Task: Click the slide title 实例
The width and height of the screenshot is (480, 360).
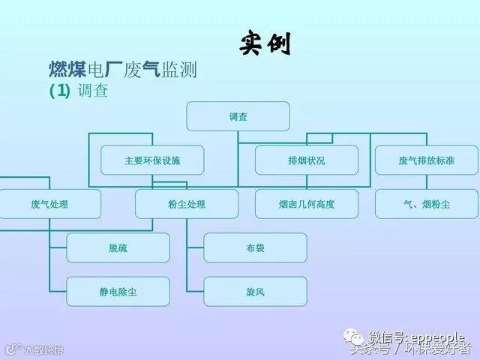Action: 265,43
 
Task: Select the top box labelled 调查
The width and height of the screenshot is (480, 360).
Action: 238,116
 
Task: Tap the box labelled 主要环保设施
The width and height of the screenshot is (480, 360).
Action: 152,160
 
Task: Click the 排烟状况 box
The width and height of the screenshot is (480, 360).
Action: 306,160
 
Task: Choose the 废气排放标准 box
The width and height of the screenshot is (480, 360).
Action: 426,160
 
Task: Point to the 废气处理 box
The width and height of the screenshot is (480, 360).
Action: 49,204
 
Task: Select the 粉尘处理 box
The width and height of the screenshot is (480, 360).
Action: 187,204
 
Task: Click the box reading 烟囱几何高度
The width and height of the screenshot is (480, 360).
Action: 306,204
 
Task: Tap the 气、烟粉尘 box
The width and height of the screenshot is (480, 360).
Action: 426,204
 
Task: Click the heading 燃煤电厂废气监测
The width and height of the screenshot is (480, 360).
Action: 122,71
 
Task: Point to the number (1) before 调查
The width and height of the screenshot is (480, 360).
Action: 59,91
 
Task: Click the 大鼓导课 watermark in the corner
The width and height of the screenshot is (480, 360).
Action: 37,349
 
